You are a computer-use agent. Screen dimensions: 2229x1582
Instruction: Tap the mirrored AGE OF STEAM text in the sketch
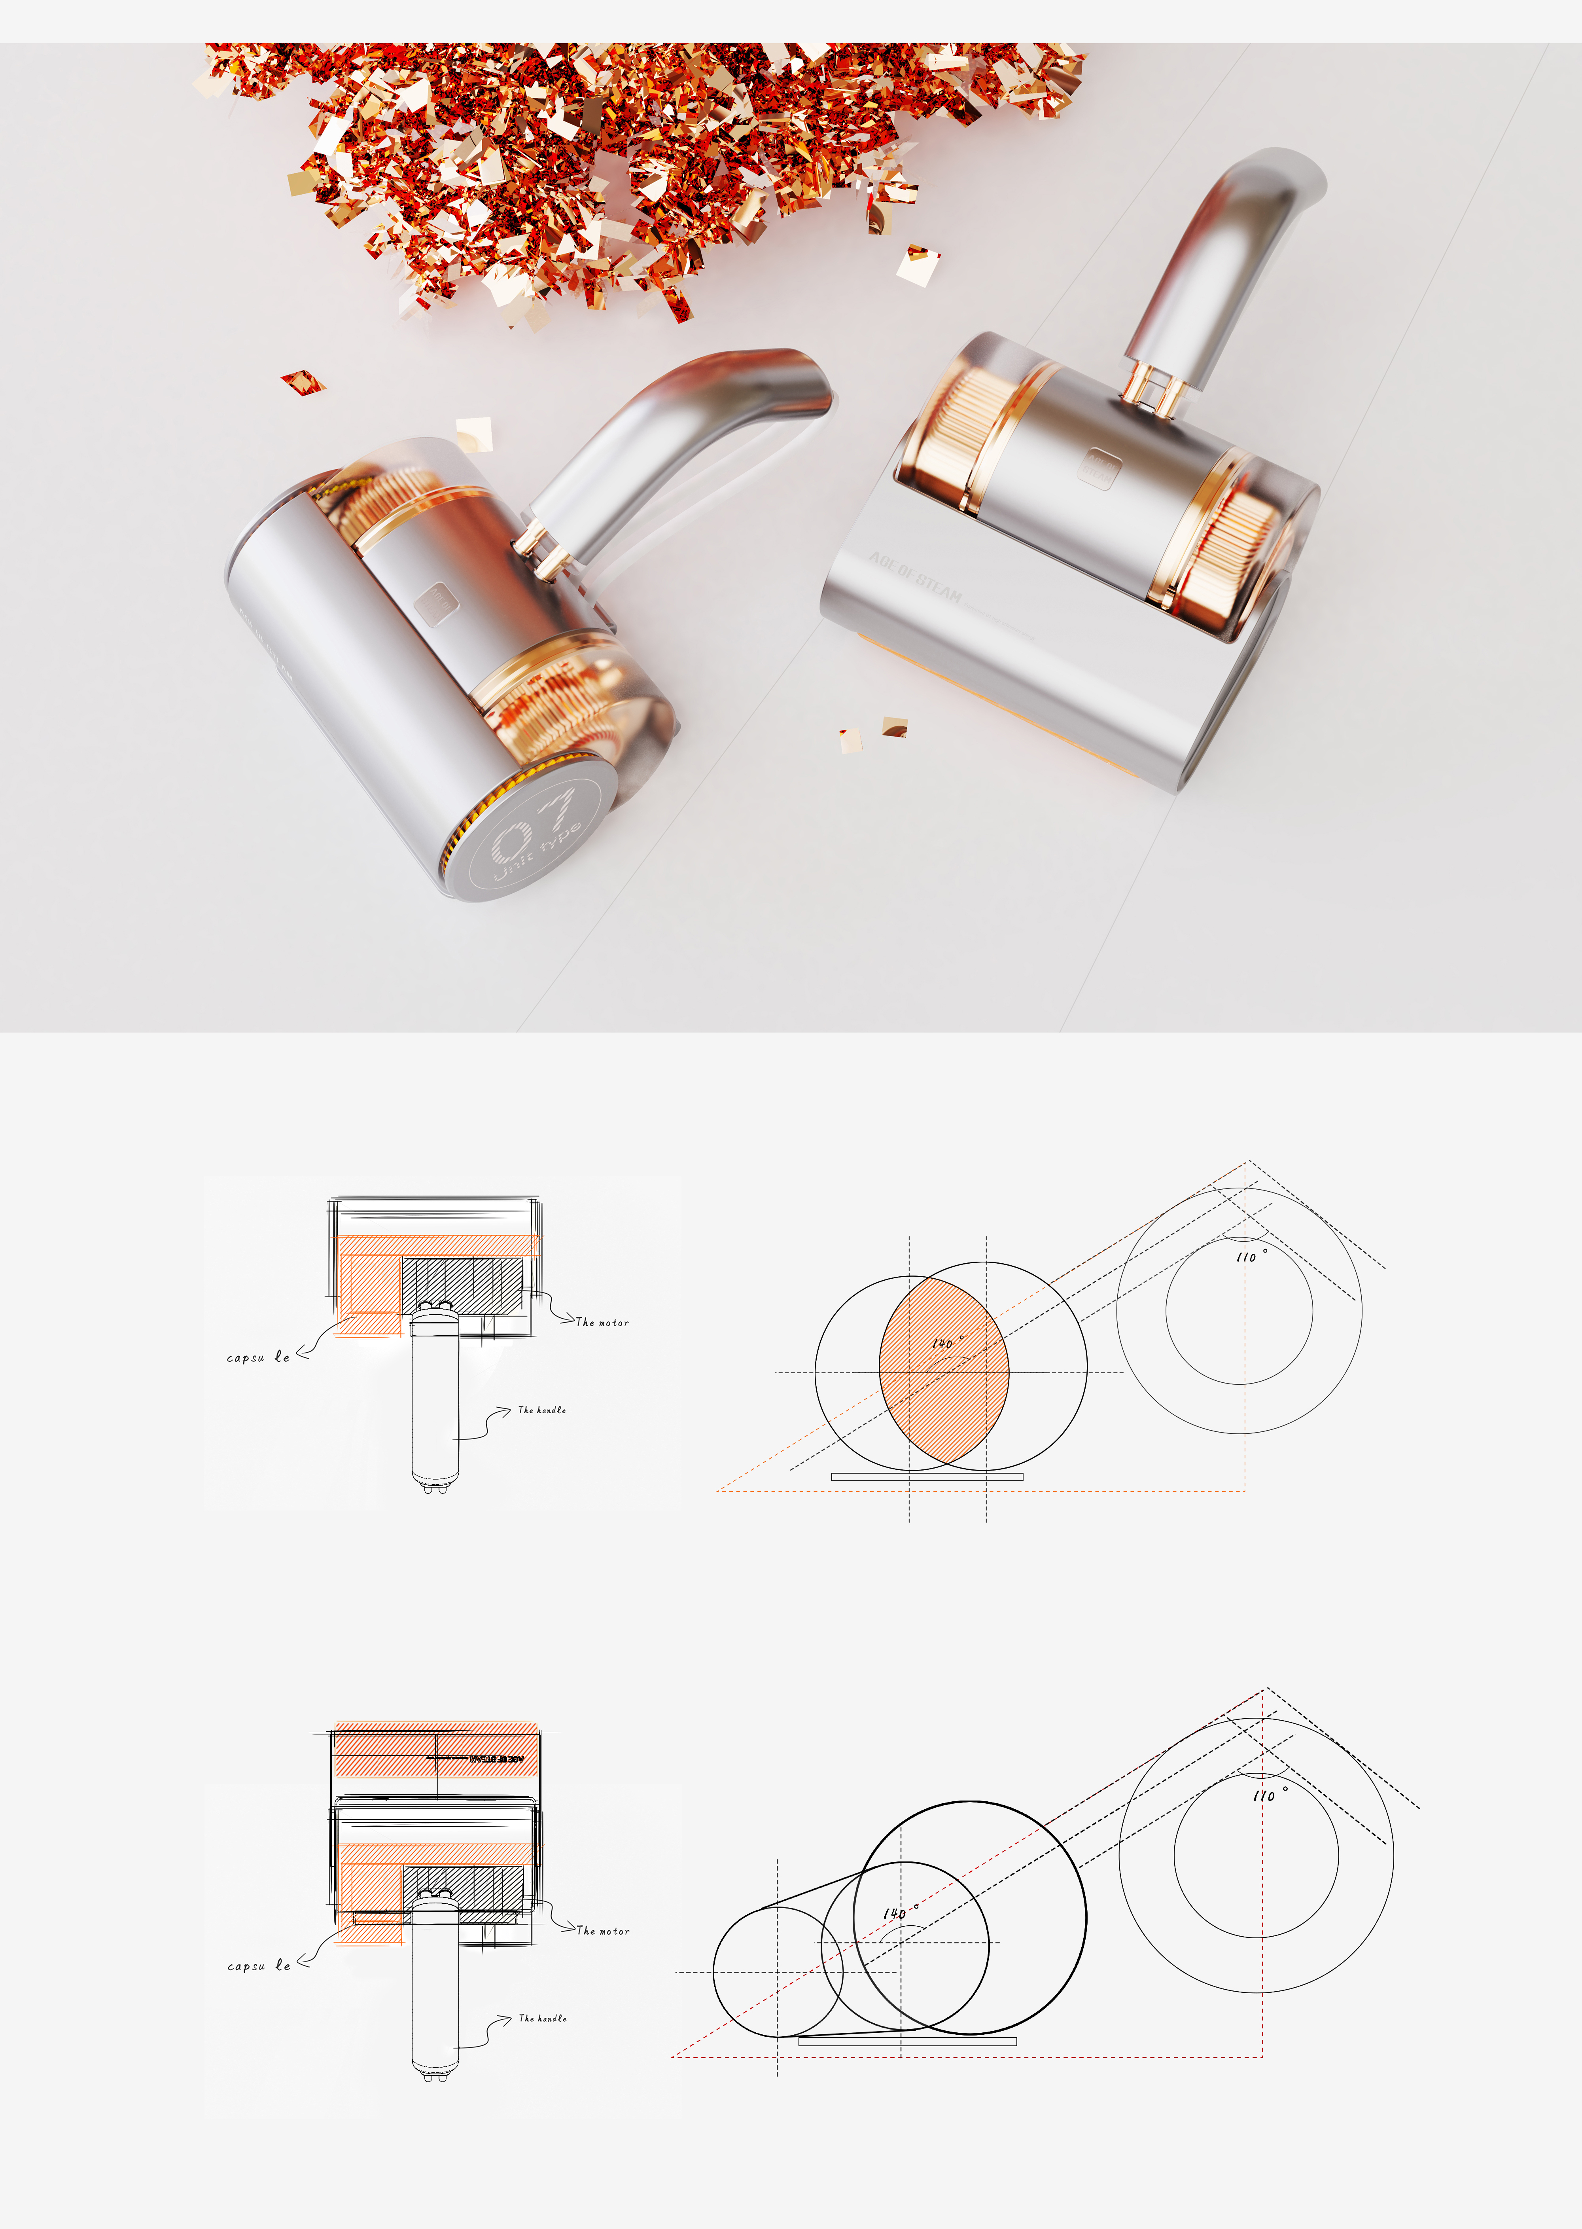pyautogui.click(x=497, y=1759)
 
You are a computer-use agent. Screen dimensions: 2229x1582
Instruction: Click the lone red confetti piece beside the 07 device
pyautogui.click(x=302, y=382)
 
